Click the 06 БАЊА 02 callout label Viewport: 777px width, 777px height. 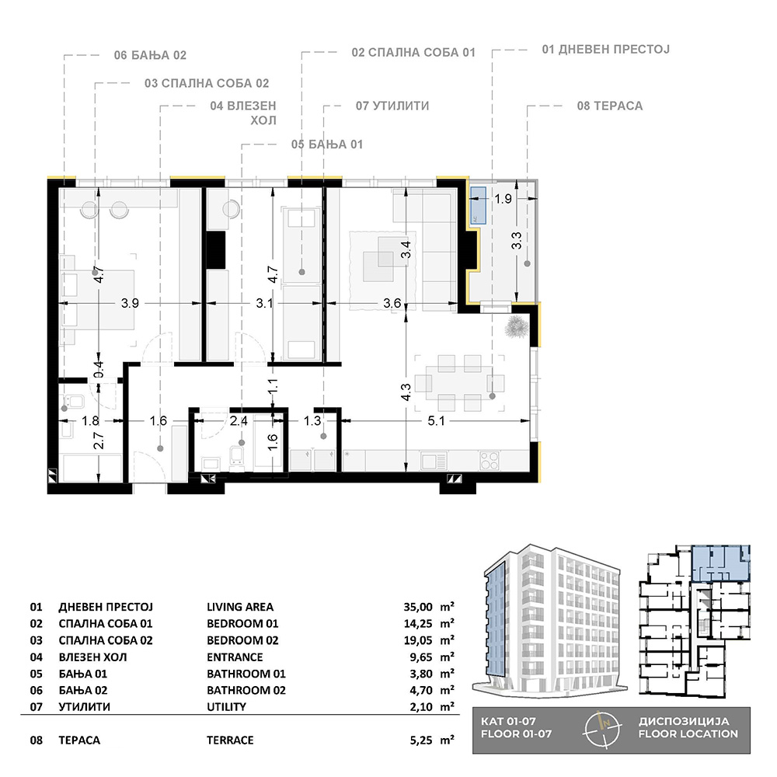(150, 55)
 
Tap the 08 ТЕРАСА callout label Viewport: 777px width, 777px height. (609, 106)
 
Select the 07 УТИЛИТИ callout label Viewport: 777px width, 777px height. (392, 106)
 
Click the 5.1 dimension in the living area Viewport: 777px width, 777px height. (436, 420)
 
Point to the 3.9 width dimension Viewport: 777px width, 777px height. (130, 303)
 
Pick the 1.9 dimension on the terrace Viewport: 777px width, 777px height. (503, 199)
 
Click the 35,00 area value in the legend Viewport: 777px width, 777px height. (418, 607)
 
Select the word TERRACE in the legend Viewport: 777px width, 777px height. (230, 740)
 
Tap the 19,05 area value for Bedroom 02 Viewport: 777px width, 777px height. (418, 640)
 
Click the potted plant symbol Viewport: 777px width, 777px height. (517, 328)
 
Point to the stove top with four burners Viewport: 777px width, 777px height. (489, 460)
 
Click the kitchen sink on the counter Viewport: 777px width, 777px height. (434, 460)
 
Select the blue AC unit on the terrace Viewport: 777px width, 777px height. (478, 204)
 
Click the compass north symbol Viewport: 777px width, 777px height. (603, 729)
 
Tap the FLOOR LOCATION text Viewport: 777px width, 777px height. (688, 734)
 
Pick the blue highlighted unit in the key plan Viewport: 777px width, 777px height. (720, 563)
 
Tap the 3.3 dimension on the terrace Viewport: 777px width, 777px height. (517, 241)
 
